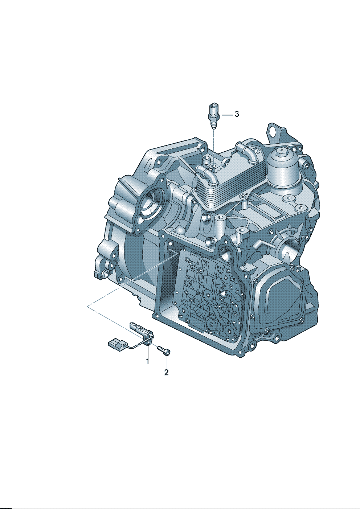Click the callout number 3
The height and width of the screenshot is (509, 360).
(237, 114)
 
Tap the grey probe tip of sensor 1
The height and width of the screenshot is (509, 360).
(136, 327)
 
